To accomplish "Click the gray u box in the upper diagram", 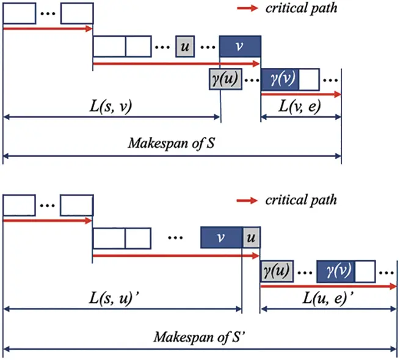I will pos(186,46).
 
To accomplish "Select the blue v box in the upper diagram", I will pos(240,46).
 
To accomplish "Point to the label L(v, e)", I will pos(300,108).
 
